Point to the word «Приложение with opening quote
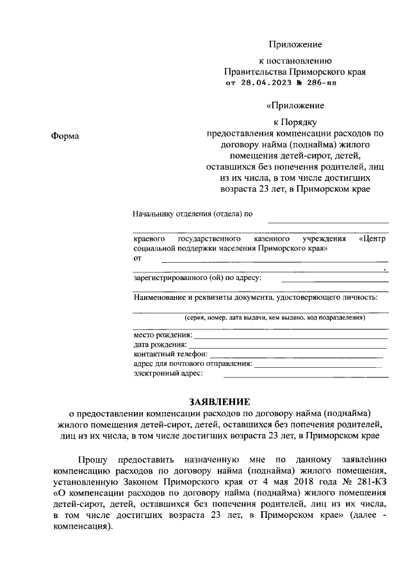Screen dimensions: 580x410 [295, 105]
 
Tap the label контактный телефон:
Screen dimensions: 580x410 [170, 354]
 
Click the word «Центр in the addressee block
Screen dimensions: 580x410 [374, 238]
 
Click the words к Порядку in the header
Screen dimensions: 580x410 [295, 120]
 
